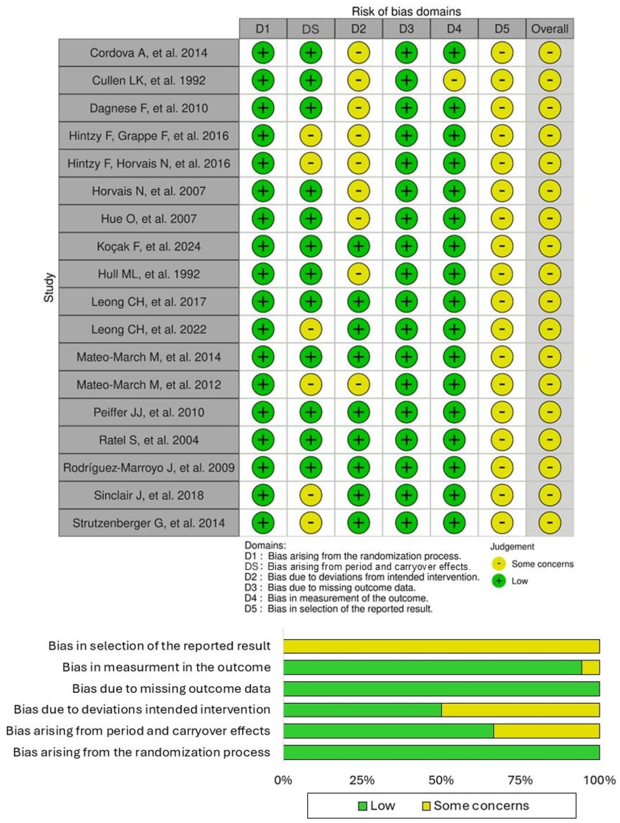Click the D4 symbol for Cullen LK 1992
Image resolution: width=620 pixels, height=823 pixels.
(x=454, y=80)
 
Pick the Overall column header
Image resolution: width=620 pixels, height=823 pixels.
(x=550, y=29)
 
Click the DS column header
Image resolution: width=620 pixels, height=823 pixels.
(x=311, y=29)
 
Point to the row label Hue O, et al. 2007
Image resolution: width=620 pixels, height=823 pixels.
(x=149, y=218)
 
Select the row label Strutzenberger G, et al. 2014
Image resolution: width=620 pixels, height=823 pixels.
(x=149, y=523)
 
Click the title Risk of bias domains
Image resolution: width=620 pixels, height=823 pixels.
(x=406, y=11)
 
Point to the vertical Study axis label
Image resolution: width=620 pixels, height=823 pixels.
(x=49, y=288)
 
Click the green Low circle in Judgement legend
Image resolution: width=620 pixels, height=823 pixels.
(x=499, y=581)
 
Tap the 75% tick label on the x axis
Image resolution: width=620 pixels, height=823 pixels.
(x=520, y=779)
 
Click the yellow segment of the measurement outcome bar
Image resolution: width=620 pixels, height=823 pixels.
(x=591, y=667)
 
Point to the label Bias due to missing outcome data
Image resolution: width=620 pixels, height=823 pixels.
(x=171, y=689)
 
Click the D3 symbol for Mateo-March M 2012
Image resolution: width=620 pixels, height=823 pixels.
(x=406, y=384)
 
